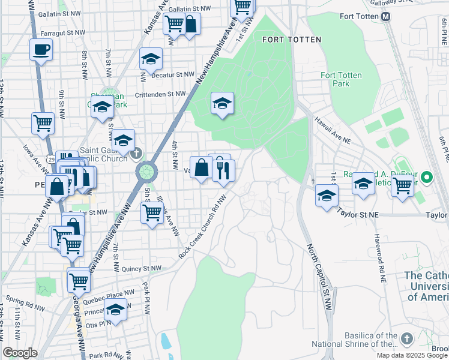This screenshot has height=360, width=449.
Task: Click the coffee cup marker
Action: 41,50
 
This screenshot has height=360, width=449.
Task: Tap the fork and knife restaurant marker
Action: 223,172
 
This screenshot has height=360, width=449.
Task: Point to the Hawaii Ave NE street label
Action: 333,130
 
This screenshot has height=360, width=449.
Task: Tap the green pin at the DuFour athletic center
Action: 426,178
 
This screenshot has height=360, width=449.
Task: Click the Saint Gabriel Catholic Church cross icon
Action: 137,153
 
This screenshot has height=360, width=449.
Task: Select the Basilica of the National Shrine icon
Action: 407,339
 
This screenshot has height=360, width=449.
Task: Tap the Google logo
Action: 20,352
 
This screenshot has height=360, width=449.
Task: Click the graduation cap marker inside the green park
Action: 222,103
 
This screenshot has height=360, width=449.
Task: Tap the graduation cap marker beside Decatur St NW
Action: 151,59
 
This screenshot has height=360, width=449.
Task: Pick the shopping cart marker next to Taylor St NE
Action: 402,185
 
